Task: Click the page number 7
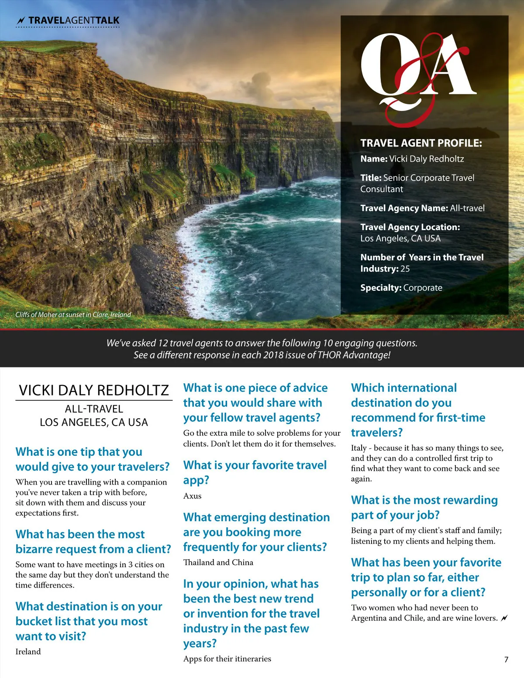(x=506, y=659)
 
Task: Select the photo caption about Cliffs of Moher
(x=73, y=314)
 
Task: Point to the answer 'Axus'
(x=192, y=496)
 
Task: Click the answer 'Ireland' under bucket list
(x=28, y=651)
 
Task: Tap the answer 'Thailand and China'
(x=218, y=562)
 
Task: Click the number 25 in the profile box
(x=405, y=269)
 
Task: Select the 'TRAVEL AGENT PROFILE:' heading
(x=421, y=143)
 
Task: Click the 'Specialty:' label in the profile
(x=380, y=288)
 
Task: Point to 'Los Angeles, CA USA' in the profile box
(x=400, y=238)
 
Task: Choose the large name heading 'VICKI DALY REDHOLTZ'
(x=93, y=390)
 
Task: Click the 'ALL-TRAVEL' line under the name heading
(x=94, y=409)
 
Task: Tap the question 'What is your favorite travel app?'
(x=255, y=472)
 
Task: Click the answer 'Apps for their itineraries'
(x=227, y=659)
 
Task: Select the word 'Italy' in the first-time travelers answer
(x=359, y=448)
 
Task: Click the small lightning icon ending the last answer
(x=504, y=618)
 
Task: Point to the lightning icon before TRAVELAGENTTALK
(x=21, y=21)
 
